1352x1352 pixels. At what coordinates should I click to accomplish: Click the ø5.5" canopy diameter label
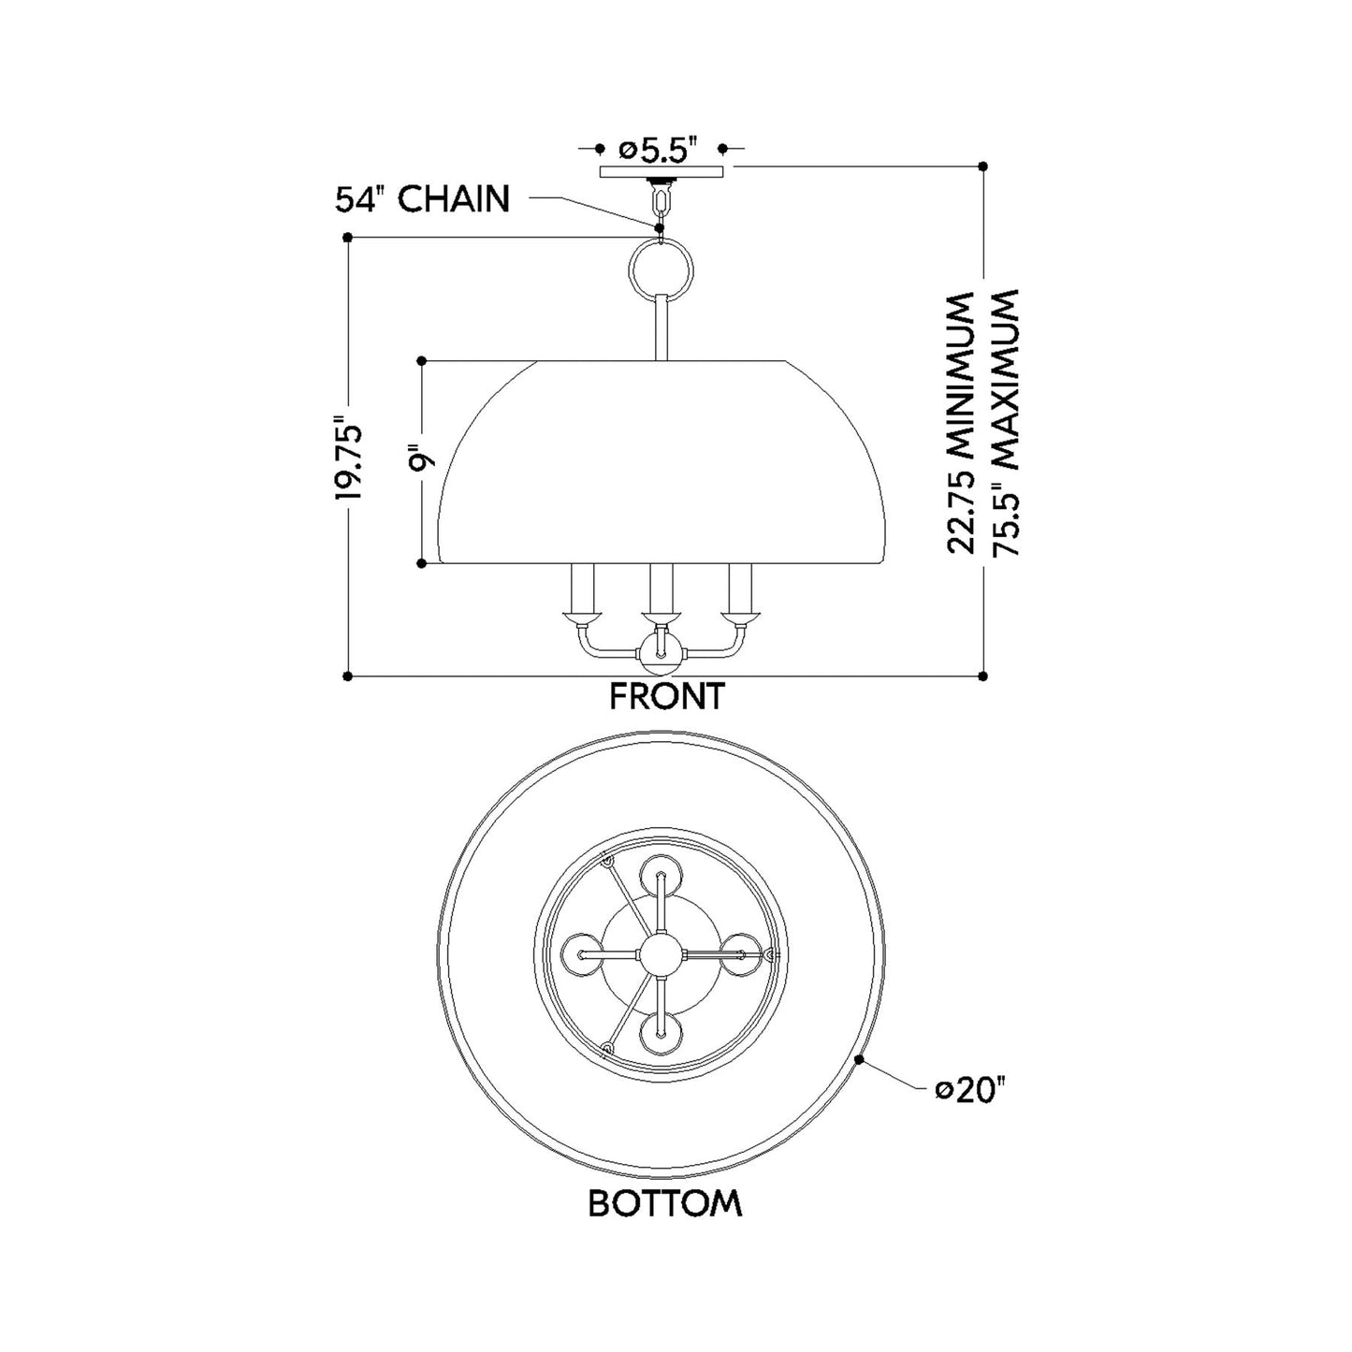point(661,150)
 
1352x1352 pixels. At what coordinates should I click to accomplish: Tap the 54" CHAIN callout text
point(422,199)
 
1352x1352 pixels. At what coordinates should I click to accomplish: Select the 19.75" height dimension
point(349,461)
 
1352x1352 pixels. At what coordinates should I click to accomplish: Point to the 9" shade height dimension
point(422,460)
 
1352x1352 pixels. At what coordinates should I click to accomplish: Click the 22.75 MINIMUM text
point(961,424)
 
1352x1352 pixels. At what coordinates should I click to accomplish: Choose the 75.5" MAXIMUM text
point(1002,422)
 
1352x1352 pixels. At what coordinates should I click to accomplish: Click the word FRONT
point(666,697)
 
